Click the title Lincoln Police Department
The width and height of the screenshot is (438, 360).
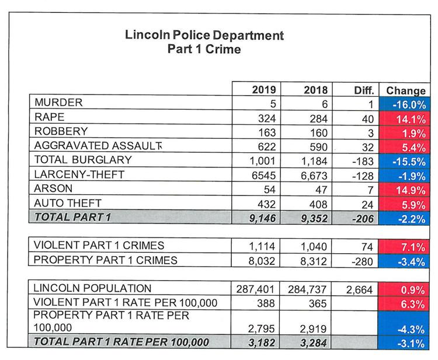coord(204,35)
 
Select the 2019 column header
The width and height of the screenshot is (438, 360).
coord(264,90)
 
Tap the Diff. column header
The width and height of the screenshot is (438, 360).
coord(364,90)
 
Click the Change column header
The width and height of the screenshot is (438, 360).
coord(406,90)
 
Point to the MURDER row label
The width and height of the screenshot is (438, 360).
coord(58,103)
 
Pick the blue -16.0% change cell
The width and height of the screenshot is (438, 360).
coord(405,104)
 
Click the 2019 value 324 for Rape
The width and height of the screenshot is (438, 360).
coord(267,118)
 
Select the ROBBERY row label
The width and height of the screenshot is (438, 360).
coord(61,131)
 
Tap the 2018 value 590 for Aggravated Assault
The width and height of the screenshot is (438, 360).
coord(318,147)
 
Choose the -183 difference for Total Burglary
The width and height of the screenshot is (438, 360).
coord(363,161)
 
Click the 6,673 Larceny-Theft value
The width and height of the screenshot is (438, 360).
coord(314,176)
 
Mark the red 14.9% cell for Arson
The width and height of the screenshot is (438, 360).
coord(404,190)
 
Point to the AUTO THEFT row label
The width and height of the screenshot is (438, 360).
coord(68,203)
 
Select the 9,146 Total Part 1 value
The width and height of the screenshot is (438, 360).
coord(262,218)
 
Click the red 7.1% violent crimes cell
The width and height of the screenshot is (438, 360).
coord(404,247)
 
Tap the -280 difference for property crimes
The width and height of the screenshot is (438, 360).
coord(362,261)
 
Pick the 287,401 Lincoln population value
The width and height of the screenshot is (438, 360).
coord(255,289)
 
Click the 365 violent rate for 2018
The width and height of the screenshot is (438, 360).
coord(318,303)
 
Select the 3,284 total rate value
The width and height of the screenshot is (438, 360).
coord(313,342)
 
